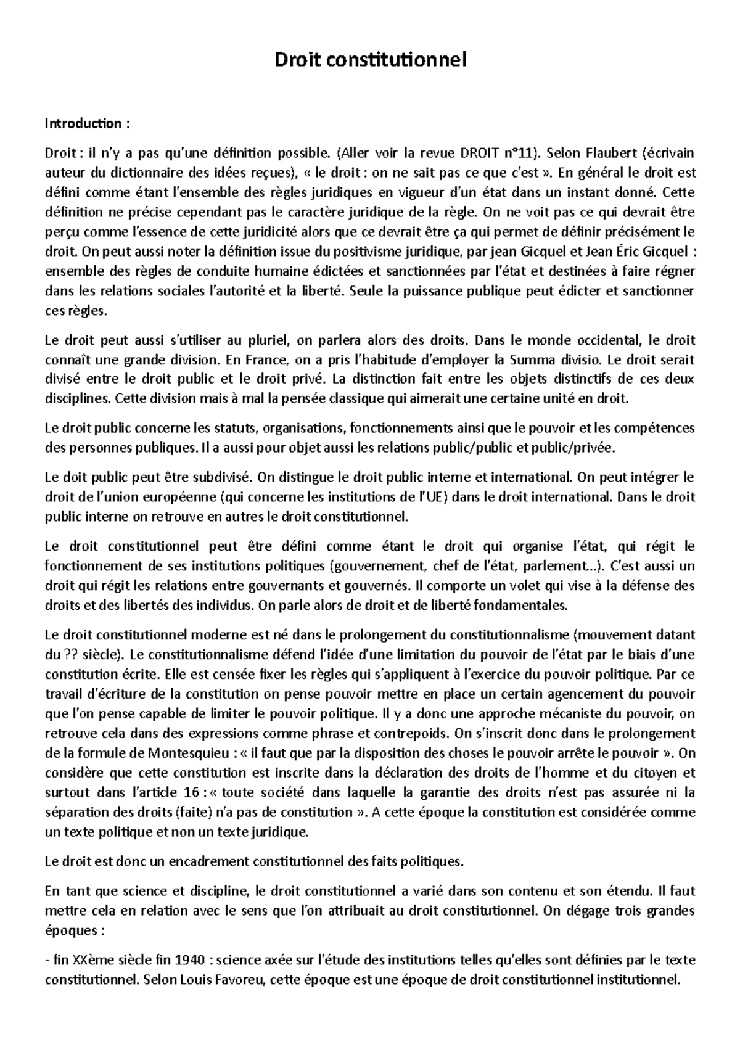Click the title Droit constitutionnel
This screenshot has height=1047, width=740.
pyautogui.click(x=371, y=60)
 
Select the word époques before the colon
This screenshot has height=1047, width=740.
pyautogui.click(x=67, y=931)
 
